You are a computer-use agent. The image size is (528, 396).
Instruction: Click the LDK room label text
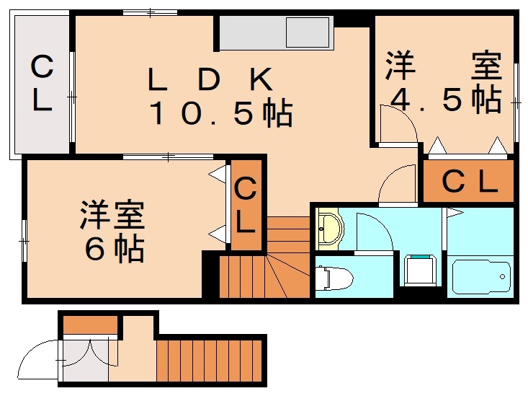tap(210, 80)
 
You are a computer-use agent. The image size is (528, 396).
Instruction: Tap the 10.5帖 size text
tap(220, 114)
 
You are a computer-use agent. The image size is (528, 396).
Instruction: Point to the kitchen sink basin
tap(307, 32)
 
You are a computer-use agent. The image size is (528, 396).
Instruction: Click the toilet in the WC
tap(332, 278)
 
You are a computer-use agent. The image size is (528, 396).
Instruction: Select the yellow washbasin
tap(330, 229)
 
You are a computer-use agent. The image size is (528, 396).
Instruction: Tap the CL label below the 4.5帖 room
tap(469, 182)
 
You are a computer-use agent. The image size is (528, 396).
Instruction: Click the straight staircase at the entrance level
tap(210, 361)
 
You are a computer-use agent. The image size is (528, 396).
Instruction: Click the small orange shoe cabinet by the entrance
tap(90, 325)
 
